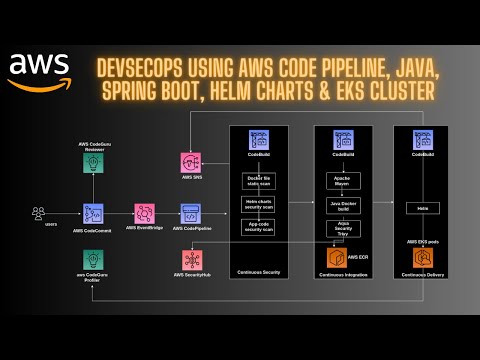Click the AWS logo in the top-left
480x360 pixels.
39,69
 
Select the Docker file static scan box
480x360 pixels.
259,180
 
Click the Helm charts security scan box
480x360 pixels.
259,204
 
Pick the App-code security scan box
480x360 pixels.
259,227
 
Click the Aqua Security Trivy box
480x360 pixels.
343,229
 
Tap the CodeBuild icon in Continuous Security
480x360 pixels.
259,141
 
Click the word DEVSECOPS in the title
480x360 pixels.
139,71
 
